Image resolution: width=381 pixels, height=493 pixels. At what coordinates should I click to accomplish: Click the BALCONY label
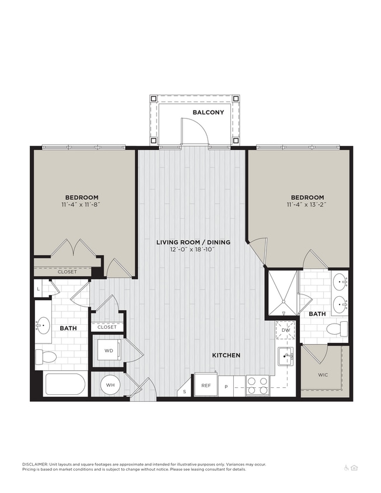point(209,112)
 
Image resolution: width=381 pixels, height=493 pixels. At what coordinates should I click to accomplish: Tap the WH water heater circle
point(110,385)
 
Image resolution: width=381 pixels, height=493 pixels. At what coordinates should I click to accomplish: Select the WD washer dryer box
point(109,351)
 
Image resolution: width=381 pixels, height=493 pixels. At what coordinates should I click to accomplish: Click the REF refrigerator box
point(206,385)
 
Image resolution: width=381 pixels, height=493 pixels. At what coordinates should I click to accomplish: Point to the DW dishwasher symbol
point(286,331)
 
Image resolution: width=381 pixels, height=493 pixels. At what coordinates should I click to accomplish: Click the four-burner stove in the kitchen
point(258,385)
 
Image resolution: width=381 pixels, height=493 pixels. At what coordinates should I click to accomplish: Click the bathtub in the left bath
point(65,384)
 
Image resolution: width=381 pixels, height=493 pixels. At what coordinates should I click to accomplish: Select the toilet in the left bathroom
point(46,356)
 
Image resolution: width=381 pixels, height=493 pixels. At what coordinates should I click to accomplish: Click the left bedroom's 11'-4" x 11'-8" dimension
point(81,206)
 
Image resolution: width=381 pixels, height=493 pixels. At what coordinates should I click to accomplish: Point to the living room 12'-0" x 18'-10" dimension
point(192,250)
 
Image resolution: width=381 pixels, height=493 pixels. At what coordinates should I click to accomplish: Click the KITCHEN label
point(226,355)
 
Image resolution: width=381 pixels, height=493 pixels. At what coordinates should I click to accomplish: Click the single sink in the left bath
point(44,325)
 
